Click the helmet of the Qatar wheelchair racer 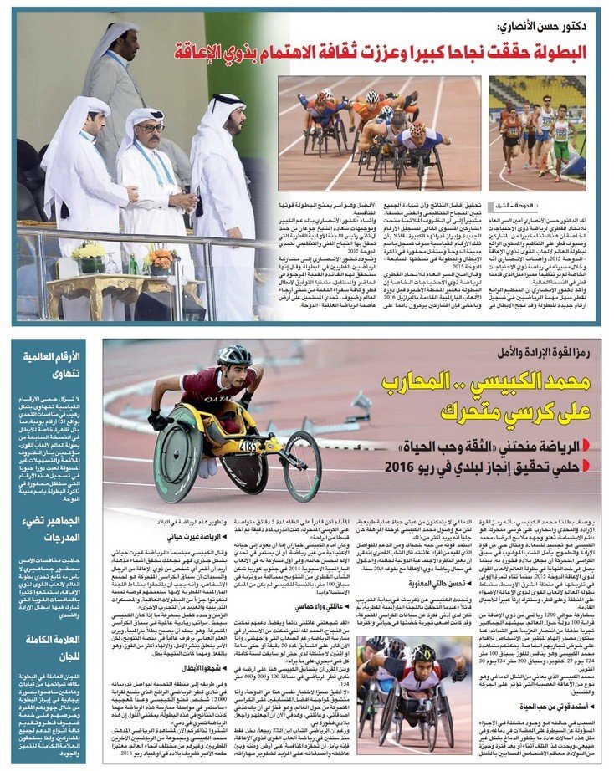point(234,356)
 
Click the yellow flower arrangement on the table point(90,252)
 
